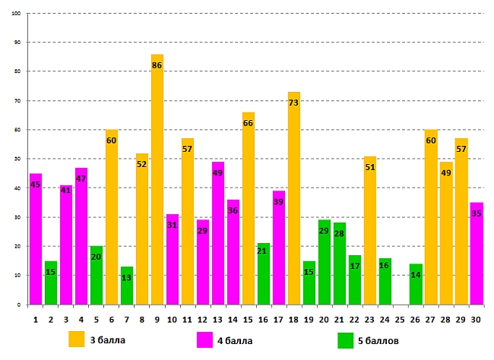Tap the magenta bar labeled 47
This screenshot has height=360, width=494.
[x=81, y=236]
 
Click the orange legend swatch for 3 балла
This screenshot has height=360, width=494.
[x=77, y=339]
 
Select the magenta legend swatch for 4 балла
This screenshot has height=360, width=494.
[x=204, y=339]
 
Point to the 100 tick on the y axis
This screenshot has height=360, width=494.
[x=17, y=13]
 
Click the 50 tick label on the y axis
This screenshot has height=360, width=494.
[x=18, y=159]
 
